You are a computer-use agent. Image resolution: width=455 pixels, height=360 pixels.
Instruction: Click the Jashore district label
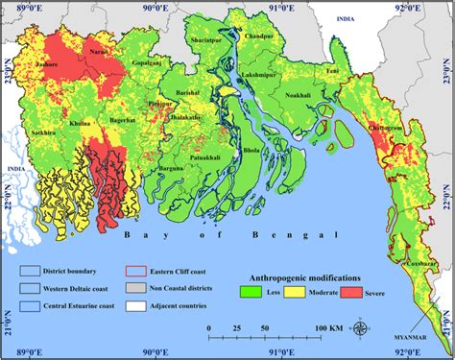tap(45, 64)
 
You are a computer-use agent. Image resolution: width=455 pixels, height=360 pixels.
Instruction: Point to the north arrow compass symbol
tap(359, 329)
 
